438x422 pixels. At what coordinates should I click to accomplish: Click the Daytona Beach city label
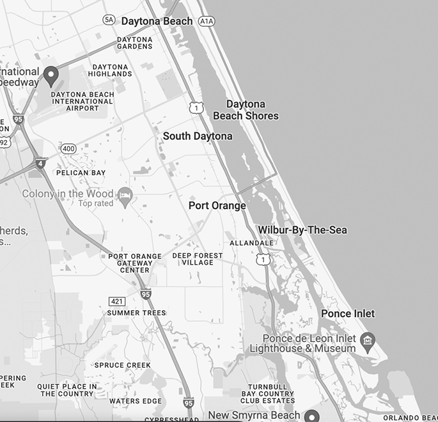(157, 21)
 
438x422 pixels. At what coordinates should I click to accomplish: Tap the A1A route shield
(206, 21)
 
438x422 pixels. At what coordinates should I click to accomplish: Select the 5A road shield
(109, 20)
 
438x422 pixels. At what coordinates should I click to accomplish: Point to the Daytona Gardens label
(135, 43)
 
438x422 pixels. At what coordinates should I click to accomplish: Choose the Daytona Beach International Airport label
(82, 102)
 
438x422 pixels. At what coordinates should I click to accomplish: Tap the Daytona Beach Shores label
(246, 110)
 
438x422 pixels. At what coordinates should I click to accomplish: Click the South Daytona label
(198, 136)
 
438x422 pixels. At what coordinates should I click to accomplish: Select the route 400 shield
(68, 149)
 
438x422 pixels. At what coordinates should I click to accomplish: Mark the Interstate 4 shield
(41, 163)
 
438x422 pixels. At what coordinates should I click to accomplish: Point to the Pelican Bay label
(81, 173)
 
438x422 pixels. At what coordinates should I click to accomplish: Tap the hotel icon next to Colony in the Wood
(126, 194)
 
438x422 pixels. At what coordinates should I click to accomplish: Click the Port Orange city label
(217, 206)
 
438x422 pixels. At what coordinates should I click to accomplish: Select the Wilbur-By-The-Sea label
(302, 230)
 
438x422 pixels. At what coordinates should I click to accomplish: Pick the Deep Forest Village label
(198, 259)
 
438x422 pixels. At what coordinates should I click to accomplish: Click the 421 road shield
(117, 301)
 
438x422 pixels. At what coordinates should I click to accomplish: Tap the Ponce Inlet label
(348, 313)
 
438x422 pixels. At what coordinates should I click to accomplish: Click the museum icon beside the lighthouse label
(368, 339)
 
